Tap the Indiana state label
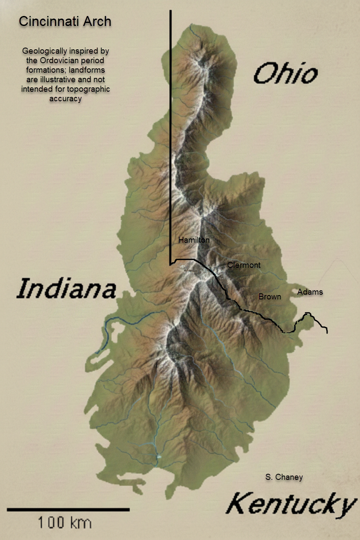pos(66,289)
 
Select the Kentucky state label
pos(290,505)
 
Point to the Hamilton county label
pos(194,240)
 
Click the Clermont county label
pos(244,265)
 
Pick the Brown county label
pos(270,296)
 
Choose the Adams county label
pos(310,292)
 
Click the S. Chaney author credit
pos(284,477)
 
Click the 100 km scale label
pos(65,523)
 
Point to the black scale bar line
pos(68,510)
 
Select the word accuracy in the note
pos(66,98)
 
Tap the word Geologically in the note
pos(42,51)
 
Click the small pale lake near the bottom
pos(159,456)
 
